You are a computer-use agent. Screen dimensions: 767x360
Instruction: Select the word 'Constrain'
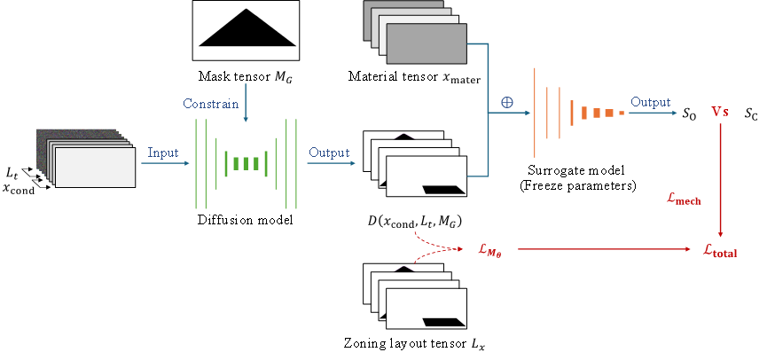[211, 104]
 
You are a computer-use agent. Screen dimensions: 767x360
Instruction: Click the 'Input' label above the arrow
[163, 153]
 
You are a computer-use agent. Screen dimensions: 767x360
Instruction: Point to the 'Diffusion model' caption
[245, 220]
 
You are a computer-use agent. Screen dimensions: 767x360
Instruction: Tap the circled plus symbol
[507, 103]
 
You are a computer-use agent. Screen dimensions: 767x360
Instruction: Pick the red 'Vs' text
[719, 113]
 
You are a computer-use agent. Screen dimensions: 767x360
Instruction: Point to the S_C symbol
[751, 114]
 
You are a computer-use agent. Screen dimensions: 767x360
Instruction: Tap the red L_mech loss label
[684, 199]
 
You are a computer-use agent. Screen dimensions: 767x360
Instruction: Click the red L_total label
[719, 251]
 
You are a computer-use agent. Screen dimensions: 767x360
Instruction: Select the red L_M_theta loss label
[489, 250]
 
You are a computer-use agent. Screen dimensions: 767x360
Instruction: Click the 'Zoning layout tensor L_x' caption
[415, 344]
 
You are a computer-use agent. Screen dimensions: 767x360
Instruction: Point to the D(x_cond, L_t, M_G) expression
[415, 222]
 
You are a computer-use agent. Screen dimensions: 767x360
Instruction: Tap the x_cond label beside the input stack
[19, 189]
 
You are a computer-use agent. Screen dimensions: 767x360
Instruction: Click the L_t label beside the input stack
[12, 173]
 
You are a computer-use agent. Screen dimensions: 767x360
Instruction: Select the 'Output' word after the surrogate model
[651, 102]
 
